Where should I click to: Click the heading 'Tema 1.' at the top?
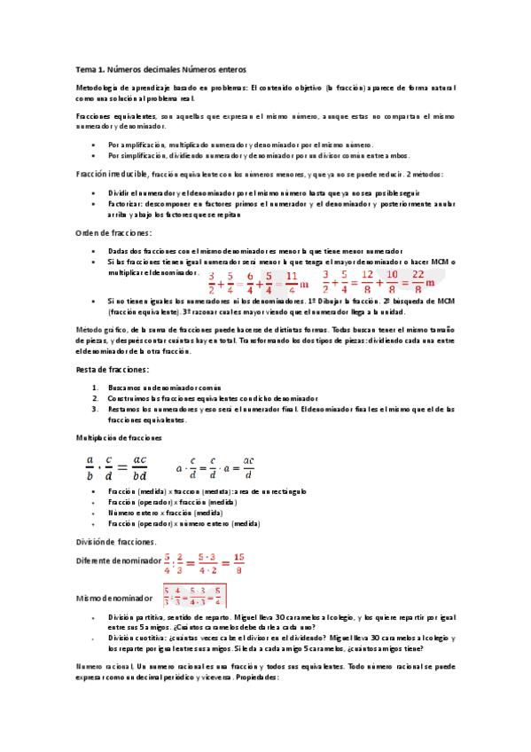click(92, 69)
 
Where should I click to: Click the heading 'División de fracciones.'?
click(115, 542)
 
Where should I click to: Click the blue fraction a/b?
click(89, 466)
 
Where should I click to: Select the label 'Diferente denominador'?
click(113, 560)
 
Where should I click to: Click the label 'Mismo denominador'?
click(108, 599)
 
